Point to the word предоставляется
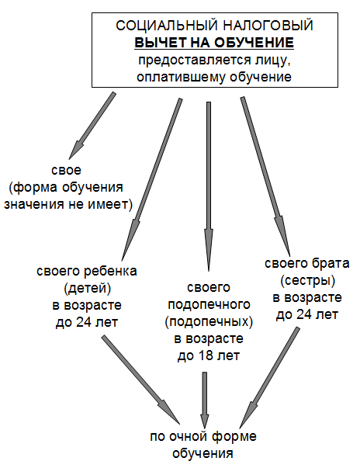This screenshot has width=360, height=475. pos(195,60)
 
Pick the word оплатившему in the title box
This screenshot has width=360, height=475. pos(182,77)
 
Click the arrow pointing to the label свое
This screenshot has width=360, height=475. pos(92,126)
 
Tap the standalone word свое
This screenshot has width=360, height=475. pos(66,170)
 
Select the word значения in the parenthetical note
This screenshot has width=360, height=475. pos(34,204)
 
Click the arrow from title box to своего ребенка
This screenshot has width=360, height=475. pos(151,179)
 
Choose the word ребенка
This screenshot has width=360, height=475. pos(110,271)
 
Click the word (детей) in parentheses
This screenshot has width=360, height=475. pos(87,288)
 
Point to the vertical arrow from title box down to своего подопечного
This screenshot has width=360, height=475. pos(209,186)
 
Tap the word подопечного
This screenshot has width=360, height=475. pos(209,305)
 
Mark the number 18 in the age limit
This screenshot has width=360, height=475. pos(206,355)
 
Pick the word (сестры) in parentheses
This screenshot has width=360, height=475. pos(307,281)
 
